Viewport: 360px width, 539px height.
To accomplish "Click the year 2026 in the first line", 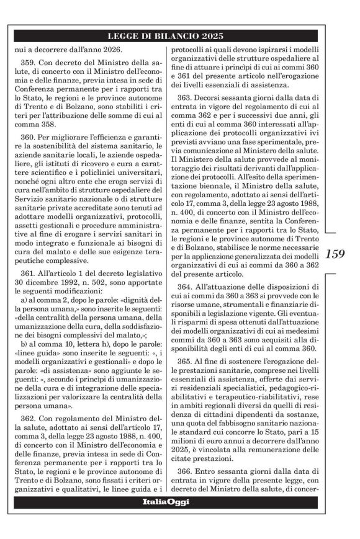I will [112, 49].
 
